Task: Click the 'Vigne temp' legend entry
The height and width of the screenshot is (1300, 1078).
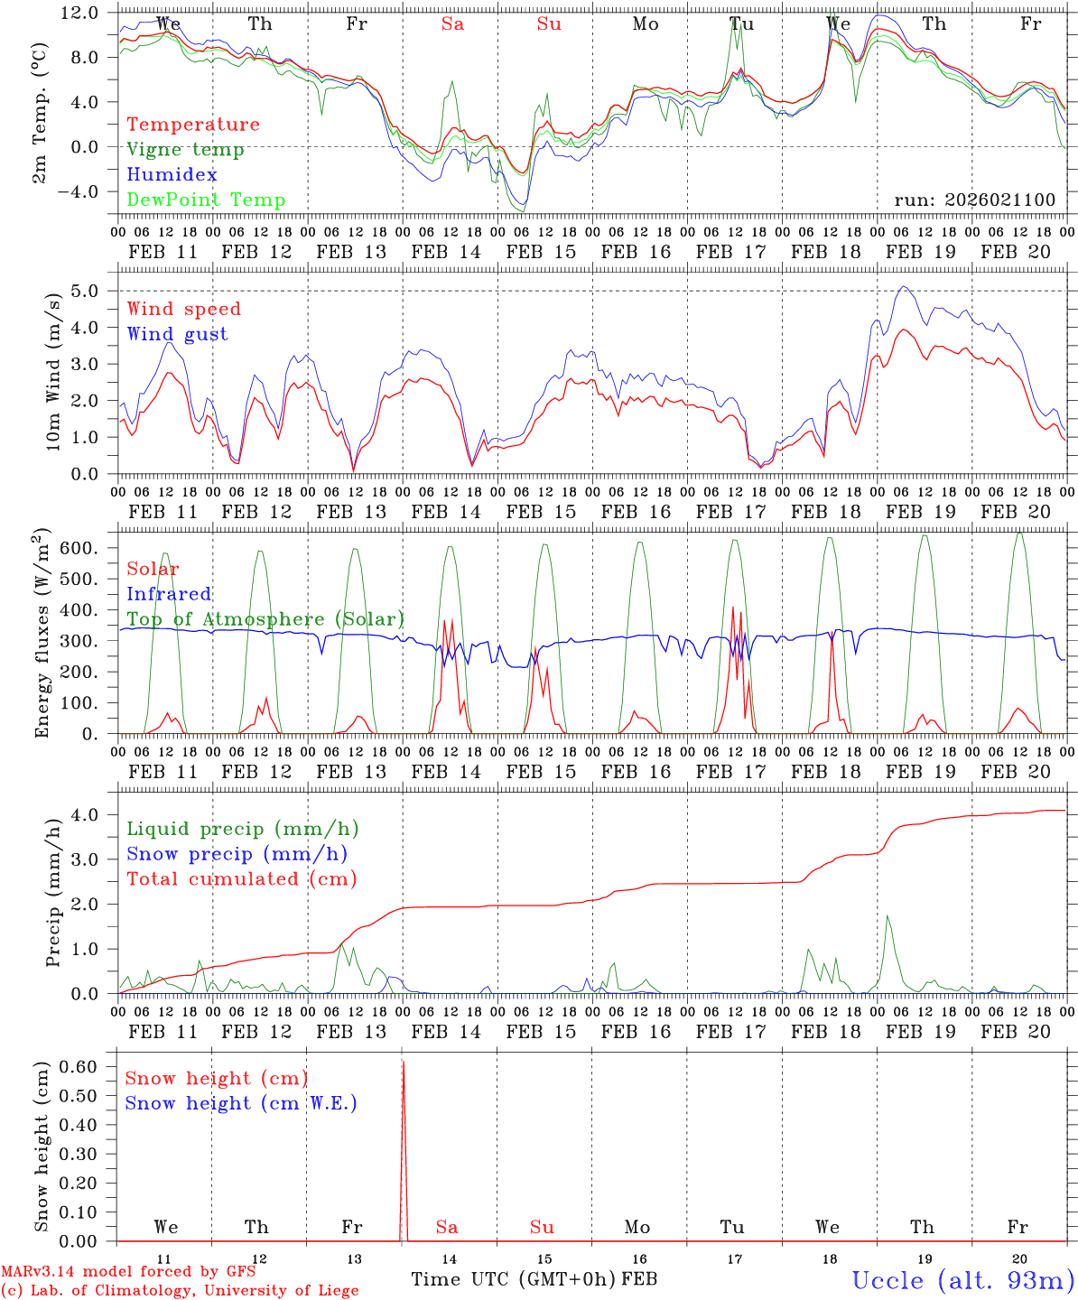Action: (x=185, y=150)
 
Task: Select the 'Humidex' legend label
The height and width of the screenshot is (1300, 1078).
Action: (x=172, y=175)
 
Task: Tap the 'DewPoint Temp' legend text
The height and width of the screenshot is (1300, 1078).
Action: (x=206, y=200)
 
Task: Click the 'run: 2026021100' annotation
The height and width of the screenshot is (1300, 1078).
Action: (x=974, y=200)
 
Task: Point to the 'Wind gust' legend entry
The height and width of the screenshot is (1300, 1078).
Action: (x=177, y=334)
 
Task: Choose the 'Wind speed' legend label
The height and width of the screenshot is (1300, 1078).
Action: (x=184, y=309)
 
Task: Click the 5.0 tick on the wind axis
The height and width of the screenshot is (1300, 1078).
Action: (x=90, y=291)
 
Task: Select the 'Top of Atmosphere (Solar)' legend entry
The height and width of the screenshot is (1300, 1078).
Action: (x=265, y=619)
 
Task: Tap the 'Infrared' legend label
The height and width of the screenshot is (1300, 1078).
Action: (x=169, y=594)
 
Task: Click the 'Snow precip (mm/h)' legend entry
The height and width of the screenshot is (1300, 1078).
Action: (x=237, y=854)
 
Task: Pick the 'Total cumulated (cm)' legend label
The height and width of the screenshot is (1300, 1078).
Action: (x=241, y=879)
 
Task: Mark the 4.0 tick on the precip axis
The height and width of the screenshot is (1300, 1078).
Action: (x=90, y=814)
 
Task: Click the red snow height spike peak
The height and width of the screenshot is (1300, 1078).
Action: (x=403, y=1062)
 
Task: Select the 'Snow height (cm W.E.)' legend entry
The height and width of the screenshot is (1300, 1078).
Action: (x=241, y=1103)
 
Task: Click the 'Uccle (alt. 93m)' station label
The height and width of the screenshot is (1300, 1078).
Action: (x=962, y=1280)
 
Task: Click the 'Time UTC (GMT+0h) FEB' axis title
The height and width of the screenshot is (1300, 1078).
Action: (x=534, y=1279)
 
